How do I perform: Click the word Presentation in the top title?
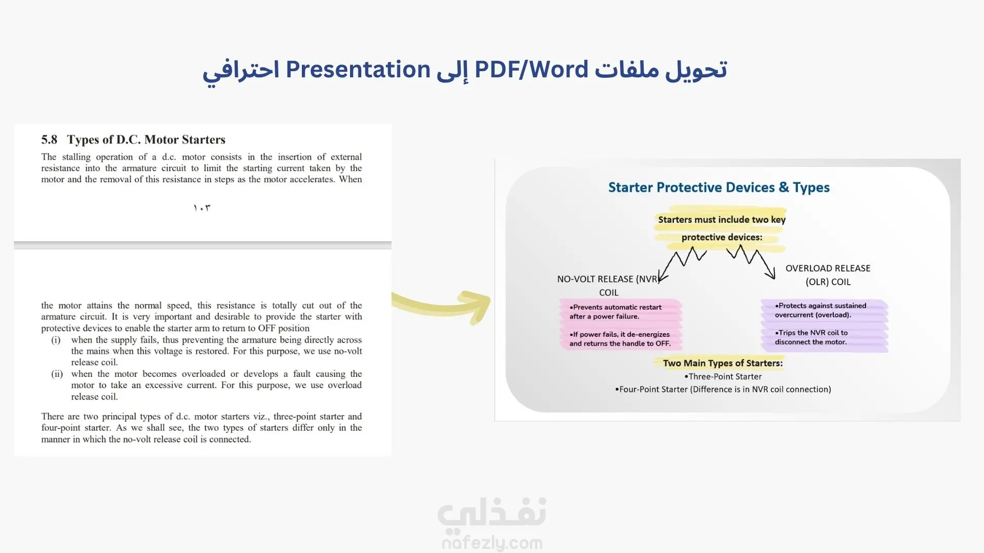358,69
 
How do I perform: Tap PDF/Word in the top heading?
531,69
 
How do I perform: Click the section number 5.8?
49,139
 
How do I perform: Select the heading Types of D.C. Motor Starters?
146,140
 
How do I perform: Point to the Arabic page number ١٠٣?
202,208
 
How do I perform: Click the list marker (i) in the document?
56,340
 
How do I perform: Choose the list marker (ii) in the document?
57,374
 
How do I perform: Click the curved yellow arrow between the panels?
441,306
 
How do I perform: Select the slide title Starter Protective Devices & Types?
719,188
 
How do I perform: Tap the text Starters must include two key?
722,220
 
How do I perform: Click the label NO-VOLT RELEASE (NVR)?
607,279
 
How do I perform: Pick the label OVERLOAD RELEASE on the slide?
828,268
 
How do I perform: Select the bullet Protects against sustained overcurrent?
821,310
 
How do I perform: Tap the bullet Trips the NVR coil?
811,337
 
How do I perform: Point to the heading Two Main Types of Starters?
723,363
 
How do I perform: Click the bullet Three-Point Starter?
723,376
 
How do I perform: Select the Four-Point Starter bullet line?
723,389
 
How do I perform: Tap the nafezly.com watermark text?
492,543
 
